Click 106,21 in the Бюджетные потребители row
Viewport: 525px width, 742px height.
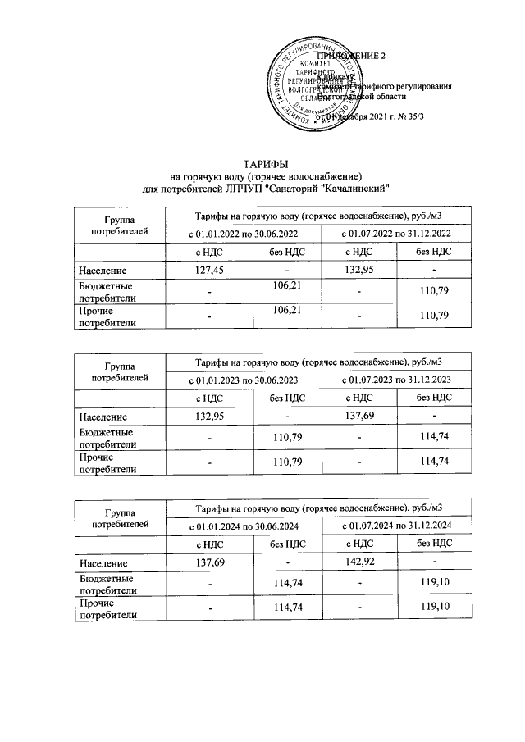coord(288,285)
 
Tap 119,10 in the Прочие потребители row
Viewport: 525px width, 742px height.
coord(435,608)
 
